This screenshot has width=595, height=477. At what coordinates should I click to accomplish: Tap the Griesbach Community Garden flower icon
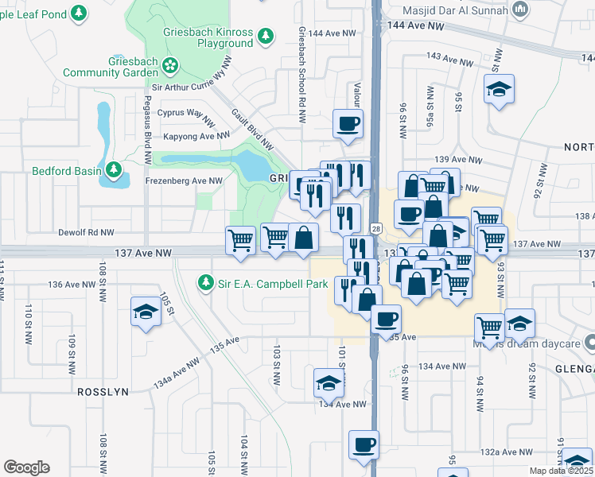(x=169, y=64)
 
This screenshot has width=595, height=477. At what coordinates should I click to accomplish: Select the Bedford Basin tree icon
(x=114, y=170)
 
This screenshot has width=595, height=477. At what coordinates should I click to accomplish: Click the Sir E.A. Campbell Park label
(x=272, y=283)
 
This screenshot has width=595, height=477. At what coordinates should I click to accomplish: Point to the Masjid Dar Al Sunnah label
(x=459, y=12)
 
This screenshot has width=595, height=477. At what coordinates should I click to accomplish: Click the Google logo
(x=26, y=467)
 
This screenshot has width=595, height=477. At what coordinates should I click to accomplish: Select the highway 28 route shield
(x=375, y=228)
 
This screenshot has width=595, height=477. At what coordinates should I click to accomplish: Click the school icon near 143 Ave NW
(x=499, y=89)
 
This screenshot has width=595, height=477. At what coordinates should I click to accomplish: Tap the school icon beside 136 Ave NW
(x=146, y=312)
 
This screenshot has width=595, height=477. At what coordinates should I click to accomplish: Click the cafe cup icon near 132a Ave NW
(x=364, y=444)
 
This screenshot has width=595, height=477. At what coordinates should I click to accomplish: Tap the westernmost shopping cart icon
(x=241, y=239)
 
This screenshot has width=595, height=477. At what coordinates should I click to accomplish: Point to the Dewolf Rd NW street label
(x=87, y=233)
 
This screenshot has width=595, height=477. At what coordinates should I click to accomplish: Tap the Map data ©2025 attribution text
(x=561, y=471)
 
